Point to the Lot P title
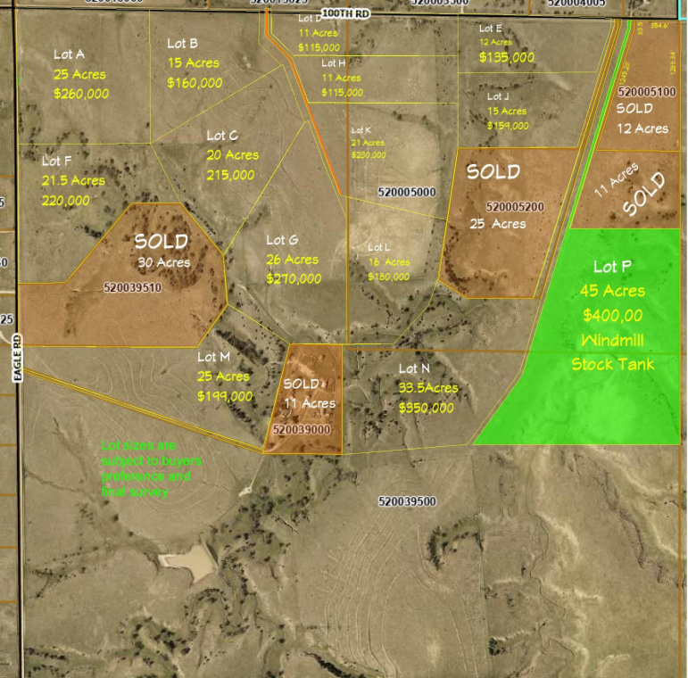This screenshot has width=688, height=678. click(x=612, y=267)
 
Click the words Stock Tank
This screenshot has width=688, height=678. click(x=613, y=364)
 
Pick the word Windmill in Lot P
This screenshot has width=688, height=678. click(x=612, y=340)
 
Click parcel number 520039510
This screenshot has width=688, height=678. click(x=132, y=287)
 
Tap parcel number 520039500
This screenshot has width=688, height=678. click(x=407, y=501)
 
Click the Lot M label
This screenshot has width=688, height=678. click(x=215, y=357)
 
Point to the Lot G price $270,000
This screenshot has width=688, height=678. click(x=294, y=279)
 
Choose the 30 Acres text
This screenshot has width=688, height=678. click(x=163, y=262)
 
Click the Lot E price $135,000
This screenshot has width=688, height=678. click(x=507, y=57)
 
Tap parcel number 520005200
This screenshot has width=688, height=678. click(x=515, y=207)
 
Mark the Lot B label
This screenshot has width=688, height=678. click(x=182, y=43)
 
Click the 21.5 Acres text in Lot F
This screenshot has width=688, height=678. click(x=74, y=180)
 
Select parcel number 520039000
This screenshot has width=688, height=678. click(x=302, y=429)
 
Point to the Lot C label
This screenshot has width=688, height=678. click(x=222, y=136)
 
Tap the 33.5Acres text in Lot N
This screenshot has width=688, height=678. click(x=428, y=388)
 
